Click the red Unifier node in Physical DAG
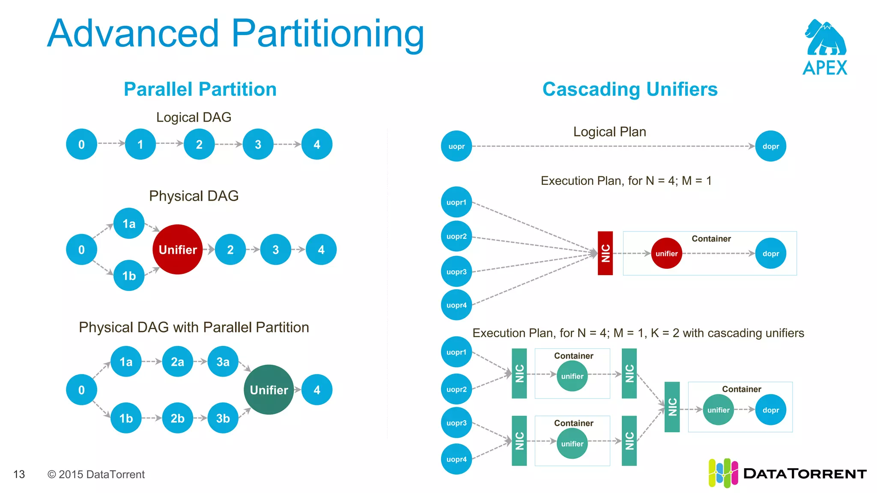[177, 249]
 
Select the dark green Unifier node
[268, 390]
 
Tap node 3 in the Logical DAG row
[258, 145]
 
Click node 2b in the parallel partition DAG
[177, 418]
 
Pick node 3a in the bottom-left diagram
[223, 362]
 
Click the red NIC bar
[605, 253]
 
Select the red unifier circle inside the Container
[666, 253]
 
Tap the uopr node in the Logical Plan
[456, 146]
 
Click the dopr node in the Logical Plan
[770, 146]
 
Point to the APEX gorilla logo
[825, 39]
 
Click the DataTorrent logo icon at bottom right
[723, 473]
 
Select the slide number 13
[19, 474]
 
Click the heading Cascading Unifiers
[629, 89]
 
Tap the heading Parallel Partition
[200, 89]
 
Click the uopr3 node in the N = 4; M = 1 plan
[456, 272]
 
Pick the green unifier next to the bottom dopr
[718, 410]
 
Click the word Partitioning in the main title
[328, 34]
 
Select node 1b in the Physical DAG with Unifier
[129, 276]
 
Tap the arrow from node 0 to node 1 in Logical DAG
[111, 143]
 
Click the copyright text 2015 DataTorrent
[96, 474]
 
